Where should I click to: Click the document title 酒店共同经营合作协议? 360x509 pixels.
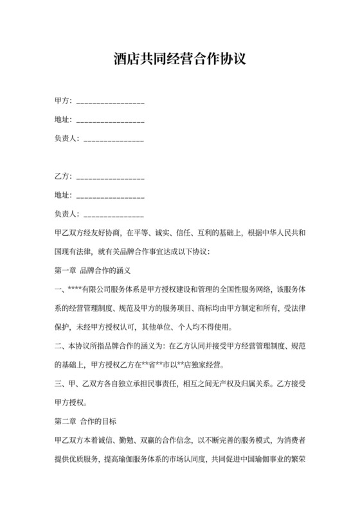point(179,60)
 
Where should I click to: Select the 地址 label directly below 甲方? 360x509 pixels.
point(63,120)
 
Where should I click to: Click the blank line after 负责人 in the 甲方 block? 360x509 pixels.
point(114,139)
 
